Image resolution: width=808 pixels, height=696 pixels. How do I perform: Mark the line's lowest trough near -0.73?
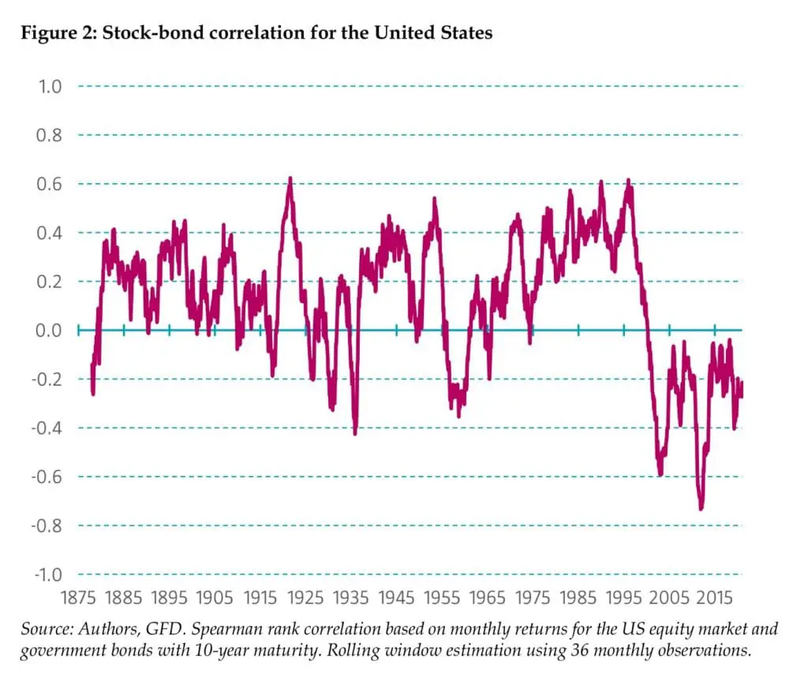[701, 508]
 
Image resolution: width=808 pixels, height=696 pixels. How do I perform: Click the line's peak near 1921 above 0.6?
[290, 179]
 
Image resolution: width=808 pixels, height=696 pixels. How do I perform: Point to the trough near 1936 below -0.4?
[355, 432]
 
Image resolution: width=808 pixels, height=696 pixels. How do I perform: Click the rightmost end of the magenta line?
[743, 384]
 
